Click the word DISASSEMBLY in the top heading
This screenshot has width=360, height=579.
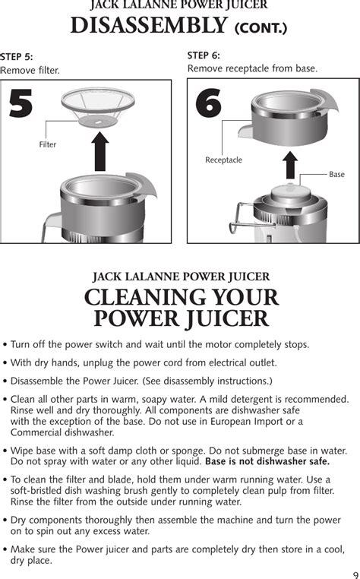[x=148, y=26]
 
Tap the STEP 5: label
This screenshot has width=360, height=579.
[x=17, y=57]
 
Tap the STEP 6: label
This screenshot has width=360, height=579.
[x=204, y=55]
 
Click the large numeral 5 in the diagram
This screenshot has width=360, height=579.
[x=21, y=104]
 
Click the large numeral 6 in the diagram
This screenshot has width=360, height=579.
[x=209, y=103]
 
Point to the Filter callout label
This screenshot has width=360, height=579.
[x=48, y=144]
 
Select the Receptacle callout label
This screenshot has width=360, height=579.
[x=224, y=160]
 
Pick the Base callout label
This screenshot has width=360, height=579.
[x=336, y=174]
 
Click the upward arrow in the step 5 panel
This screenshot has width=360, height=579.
[x=100, y=151]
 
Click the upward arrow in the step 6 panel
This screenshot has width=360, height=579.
[x=290, y=165]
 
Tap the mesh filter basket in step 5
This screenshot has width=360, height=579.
[x=98, y=106]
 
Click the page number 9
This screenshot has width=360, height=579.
[x=355, y=574]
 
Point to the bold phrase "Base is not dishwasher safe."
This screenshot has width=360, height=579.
[x=267, y=461]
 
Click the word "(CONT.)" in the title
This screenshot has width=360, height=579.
[x=261, y=28]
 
